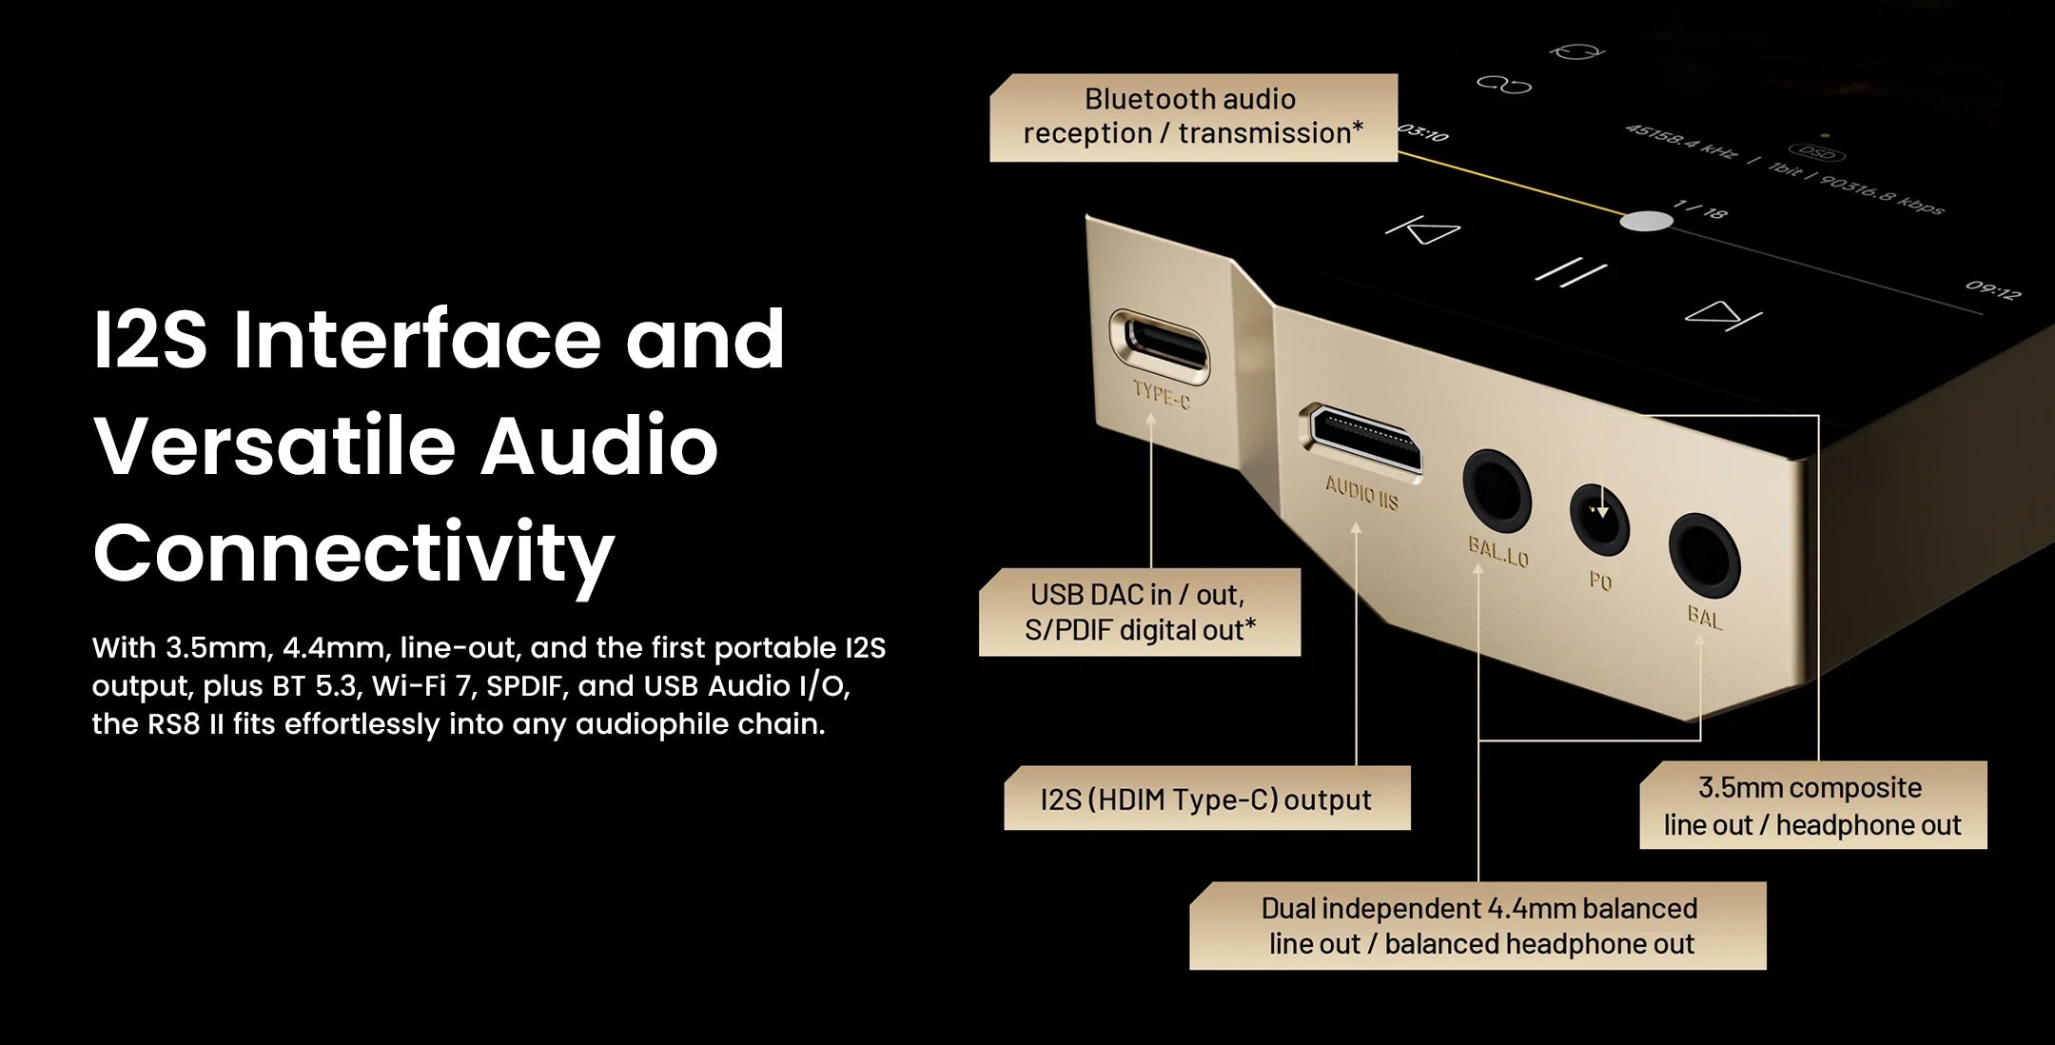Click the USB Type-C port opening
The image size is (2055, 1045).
(1160, 344)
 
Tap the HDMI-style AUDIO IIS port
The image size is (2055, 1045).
(1364, 440)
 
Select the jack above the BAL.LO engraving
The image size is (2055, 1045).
(1497, 491)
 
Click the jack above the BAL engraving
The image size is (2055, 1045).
(1705, 556)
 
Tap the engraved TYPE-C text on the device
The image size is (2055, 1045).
(1162, 393)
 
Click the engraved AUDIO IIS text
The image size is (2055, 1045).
(1362, 493)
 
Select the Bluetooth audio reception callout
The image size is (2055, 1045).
(1193, 117)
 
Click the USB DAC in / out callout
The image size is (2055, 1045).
(1140, 612)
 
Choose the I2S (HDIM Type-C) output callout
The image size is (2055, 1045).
(1206, 799)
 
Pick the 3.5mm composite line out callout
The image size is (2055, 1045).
(1812, 805)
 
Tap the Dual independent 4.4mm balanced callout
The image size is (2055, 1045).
(1478, 925)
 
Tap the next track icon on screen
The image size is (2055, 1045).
(1723, 315)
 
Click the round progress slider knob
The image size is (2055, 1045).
(1646, 222)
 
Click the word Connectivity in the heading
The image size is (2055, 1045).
(354, 555)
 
